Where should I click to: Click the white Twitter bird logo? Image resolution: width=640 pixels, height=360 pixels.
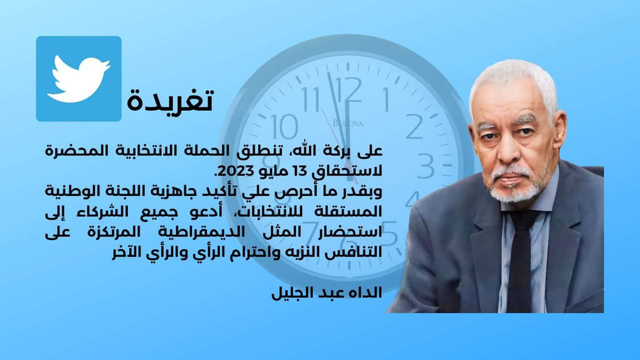coord(79,79)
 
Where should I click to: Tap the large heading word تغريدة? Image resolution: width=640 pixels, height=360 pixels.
coord(170,100)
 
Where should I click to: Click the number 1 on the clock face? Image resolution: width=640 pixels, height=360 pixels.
coord(386,99)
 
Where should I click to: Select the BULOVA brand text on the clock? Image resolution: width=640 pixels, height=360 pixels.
coord(348,123)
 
